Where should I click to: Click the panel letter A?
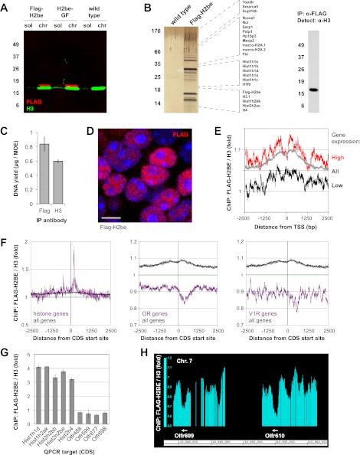click(x=6, y=8)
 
